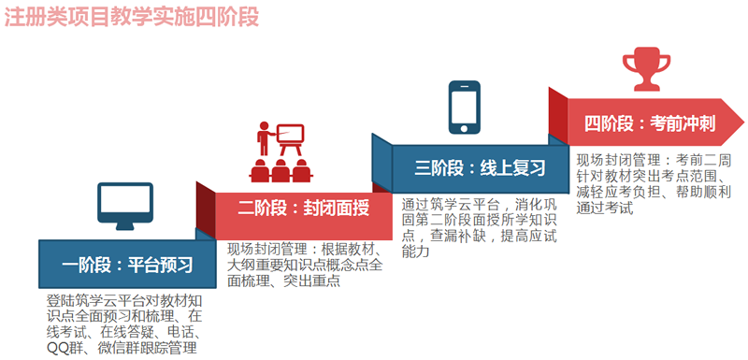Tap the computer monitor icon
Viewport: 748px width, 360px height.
(123, 205)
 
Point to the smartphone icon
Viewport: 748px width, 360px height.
(465, 105)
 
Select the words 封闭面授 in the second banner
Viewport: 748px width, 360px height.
(334, 208)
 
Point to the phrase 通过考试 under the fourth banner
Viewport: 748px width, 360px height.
(605, 208)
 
